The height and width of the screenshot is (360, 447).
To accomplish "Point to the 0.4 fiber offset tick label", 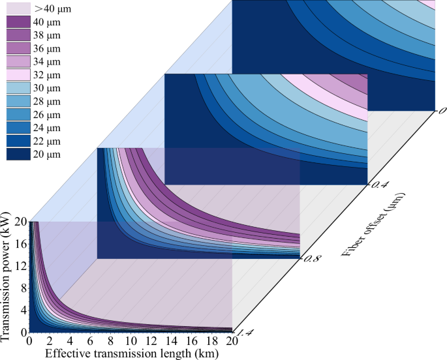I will (x=380, y=185).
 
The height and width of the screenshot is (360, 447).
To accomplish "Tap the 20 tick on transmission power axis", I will (x=20, y=221).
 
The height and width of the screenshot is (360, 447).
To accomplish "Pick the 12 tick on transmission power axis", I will (x=20, y=265).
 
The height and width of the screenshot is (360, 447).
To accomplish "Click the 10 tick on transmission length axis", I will (x=131, y=340).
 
